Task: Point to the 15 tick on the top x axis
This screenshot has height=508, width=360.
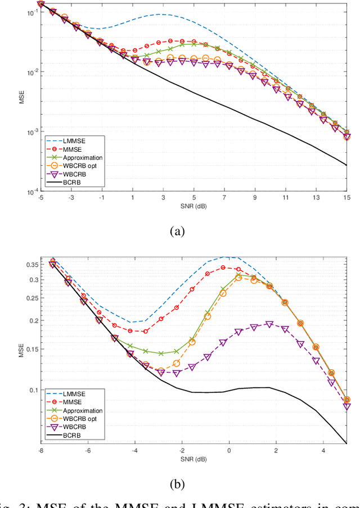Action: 346,198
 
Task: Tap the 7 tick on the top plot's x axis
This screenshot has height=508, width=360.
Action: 224,198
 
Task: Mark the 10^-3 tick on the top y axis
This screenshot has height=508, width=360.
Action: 32,133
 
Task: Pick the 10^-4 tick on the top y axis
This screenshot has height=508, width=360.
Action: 32,192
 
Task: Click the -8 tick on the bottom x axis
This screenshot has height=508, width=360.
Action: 40,450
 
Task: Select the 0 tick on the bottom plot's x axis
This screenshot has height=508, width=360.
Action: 228,450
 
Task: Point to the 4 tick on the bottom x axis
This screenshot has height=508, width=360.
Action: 323,450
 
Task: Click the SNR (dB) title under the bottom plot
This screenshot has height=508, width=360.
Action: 193,458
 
